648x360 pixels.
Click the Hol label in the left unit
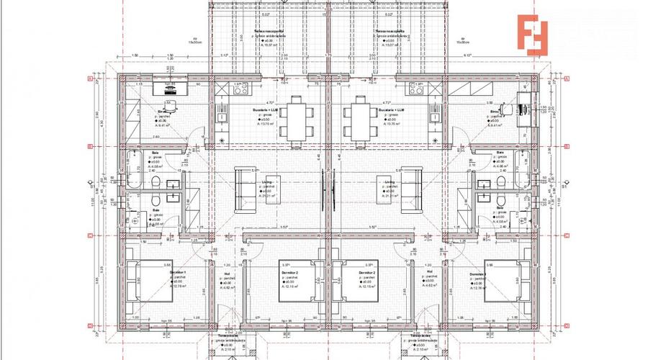tap(226, 274)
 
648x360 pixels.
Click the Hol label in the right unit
tap(431, 274)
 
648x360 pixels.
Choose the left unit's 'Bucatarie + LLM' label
tap(264, 110)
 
